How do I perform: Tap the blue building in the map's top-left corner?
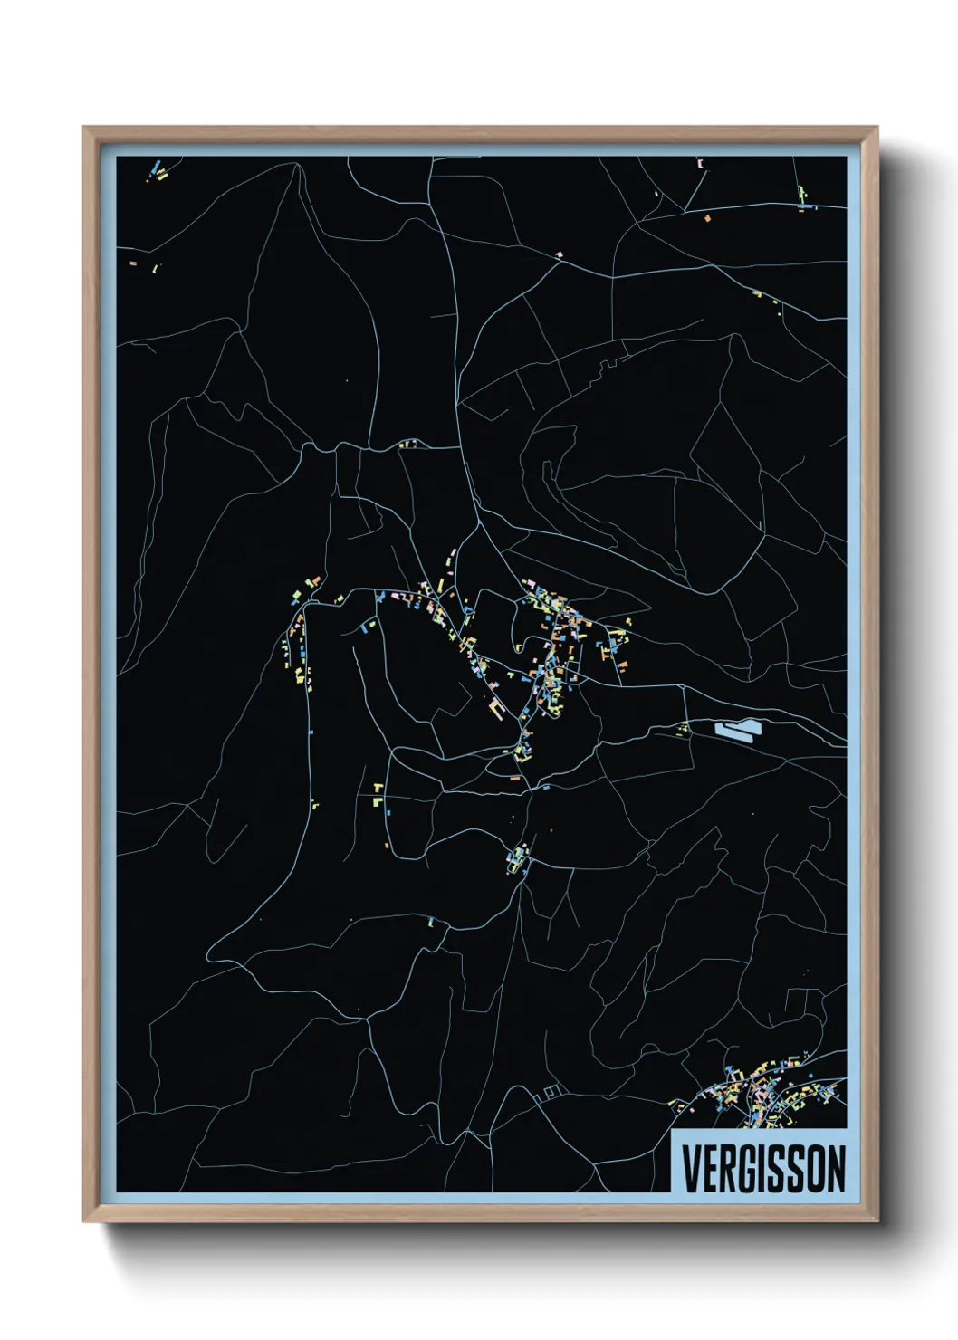coord(155,168)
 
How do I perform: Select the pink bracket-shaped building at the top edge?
coord(700,164)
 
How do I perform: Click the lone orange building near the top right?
coord(707,217)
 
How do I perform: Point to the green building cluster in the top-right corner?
coord(802,197)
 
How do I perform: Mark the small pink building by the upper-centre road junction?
coord(559,254)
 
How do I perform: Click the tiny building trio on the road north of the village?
coord(407,445)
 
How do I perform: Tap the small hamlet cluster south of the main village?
coord(517,857)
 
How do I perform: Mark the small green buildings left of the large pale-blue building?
coord(684,728)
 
